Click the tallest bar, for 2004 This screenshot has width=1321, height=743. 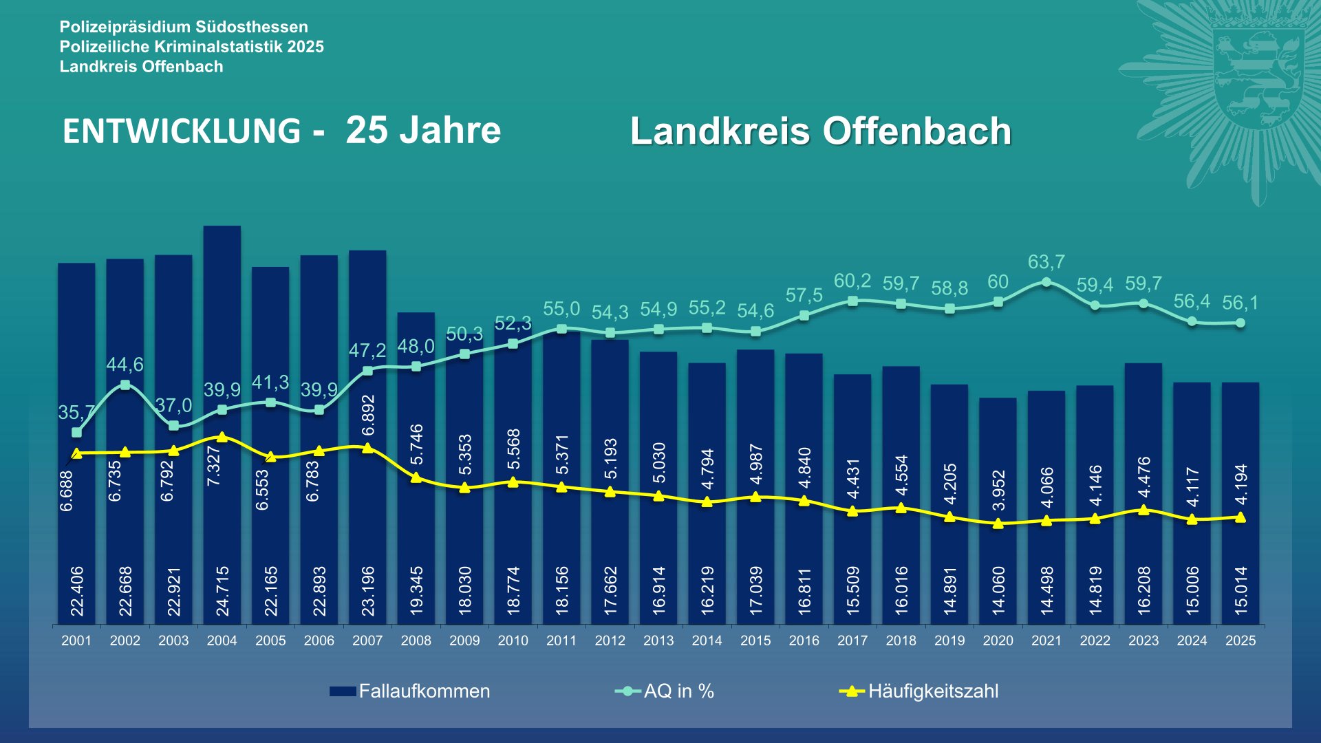pyautogui.click(x=222, y=330)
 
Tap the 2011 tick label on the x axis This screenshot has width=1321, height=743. pyautogui.click(x=561, y=640)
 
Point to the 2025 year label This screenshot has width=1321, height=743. pyautogui.click(x=1241, y=640)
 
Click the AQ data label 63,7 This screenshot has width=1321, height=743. pyautogui.click(x=1046, y=262)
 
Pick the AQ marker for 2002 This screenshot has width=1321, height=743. pyautogui.click(x=125, y=385)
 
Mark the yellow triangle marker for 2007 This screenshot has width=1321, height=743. pyautogui.click(x=367, y=448)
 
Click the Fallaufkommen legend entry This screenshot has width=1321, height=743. pyautogui.click(x=410, y=691)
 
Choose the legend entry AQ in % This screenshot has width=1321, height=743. pyautogui.click(x=665, y=691)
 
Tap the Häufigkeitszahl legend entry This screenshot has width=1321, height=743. pyautogui.click(x=919, y=691)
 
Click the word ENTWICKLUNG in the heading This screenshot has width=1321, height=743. pyautogui.click(x=182, y=131)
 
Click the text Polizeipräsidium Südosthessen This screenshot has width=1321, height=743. pyautogui.click(x=184, y=27)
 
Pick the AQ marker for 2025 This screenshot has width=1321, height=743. pyautogui.click(x=1241, y=323)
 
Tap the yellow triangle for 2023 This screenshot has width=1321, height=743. pyautogui.click(x=1143, y=510)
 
